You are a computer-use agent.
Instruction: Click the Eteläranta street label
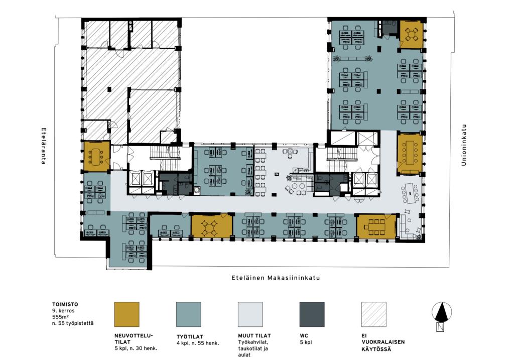43,146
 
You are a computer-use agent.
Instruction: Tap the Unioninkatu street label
463,145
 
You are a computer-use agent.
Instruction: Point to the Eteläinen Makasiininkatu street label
276,278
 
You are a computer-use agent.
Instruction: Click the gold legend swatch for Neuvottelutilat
127,314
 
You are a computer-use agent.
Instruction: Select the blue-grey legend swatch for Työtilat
189,314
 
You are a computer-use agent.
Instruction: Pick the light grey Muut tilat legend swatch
250,314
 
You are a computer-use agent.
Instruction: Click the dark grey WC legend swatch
312,314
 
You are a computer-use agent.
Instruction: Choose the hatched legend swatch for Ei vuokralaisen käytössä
373,314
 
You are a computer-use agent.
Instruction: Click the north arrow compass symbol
442,313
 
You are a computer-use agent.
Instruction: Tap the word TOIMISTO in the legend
65,304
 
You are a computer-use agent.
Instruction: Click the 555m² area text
60,317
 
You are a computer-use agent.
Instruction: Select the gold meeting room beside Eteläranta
97,156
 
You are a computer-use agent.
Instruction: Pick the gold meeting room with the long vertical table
410,153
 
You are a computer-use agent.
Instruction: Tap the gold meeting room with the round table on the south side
212,226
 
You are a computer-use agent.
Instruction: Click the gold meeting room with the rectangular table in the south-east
376,226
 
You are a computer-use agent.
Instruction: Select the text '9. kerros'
63,310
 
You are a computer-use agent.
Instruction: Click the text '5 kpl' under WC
306,342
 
